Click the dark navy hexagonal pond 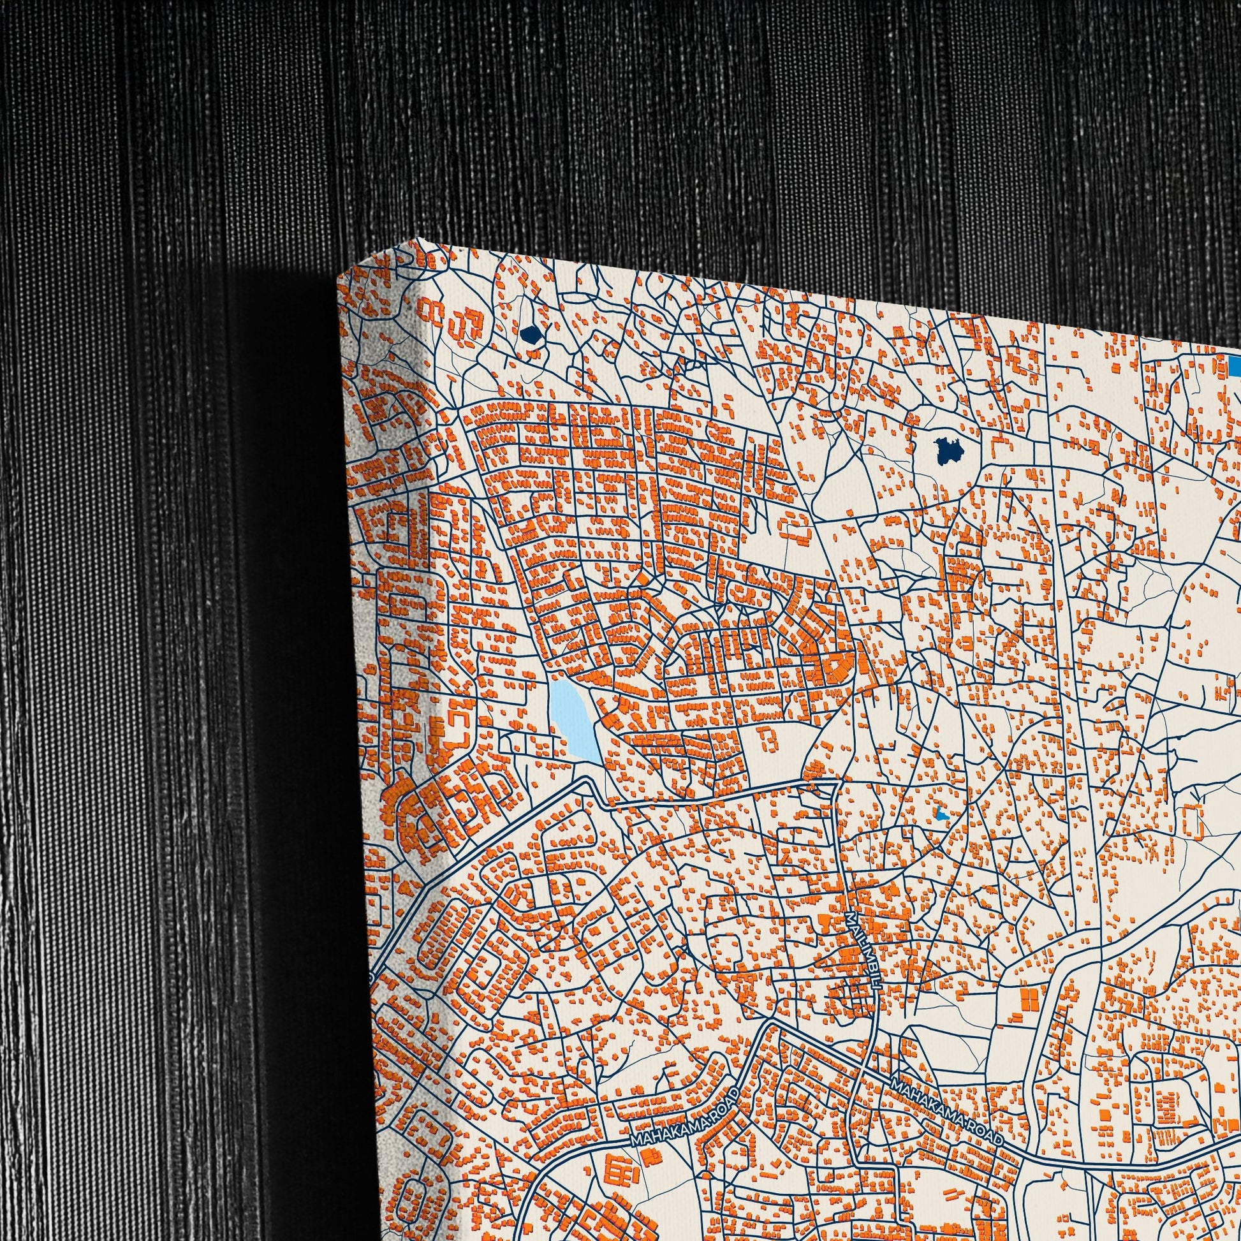click(531, 334)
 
